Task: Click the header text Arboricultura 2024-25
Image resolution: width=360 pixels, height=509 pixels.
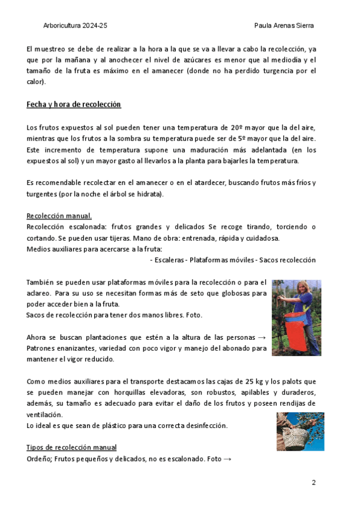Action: pyautogui.click(x=76, y=26)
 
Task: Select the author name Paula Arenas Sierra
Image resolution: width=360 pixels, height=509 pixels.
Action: pyautogui.click(x=284, y=26)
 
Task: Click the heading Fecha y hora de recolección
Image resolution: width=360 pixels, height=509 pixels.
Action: pyautogui.click(x=74, y=104)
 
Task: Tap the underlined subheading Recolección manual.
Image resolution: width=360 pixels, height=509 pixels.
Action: pyautogui.click(x=59, y=216)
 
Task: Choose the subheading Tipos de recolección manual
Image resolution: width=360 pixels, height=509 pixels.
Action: pyautogui.click(x=71, y=448)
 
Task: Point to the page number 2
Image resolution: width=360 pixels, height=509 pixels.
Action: pyautogui.click(x=313, y=483)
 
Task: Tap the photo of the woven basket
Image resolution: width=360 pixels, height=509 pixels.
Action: pyautogui.click(x=300, y=432)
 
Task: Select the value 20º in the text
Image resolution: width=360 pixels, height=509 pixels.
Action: pyautogui.click(x=237, y=128)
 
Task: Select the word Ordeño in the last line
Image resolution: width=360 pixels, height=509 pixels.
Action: pyautogui.click(x=38, y=459)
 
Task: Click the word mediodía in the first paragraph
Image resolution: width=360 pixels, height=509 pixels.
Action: pyautogui.click(x=287, y=60)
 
